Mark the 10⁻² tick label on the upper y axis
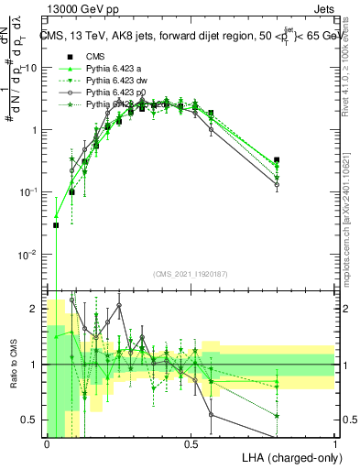point(27,254)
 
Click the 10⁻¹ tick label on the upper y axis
point(27,191)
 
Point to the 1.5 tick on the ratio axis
point(31,336)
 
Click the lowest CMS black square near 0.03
point(56,224)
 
